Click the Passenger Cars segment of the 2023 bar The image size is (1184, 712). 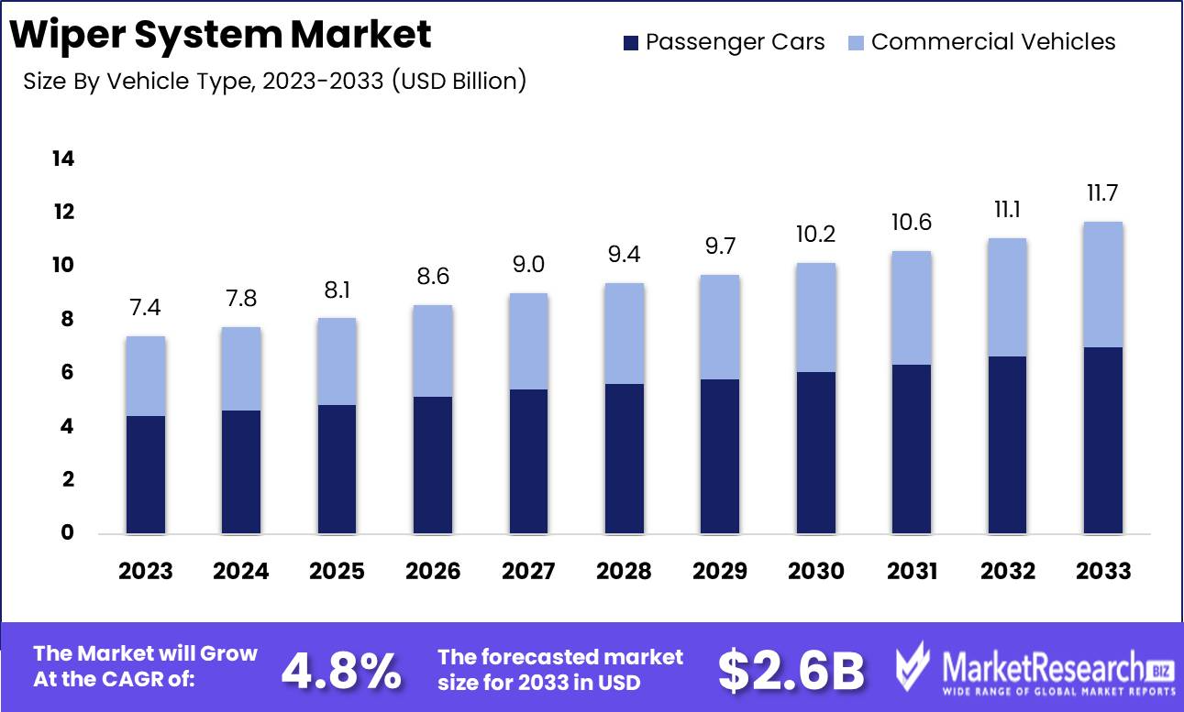point(146,474)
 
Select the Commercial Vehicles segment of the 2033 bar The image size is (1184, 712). point(1102,284)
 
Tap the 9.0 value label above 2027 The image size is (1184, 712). point(528,265)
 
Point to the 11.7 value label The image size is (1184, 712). point(1102,193)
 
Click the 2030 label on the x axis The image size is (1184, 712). point(815,571)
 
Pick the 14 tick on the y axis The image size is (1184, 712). point(62,159)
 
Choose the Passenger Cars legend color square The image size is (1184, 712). point(631,42)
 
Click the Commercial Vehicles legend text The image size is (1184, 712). point(993,42)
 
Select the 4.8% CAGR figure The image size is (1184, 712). point(341,671)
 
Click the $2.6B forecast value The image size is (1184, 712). point(791,671)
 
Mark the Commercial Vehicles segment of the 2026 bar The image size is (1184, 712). point(433,351)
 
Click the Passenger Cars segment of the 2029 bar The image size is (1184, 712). point(720,455)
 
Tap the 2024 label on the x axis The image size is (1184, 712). point(241,571)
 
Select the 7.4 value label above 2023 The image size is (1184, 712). point(146,308)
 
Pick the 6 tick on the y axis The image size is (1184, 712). point(67,373)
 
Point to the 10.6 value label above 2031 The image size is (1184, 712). point(911,223)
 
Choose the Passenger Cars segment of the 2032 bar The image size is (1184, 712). point(1007,444)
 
